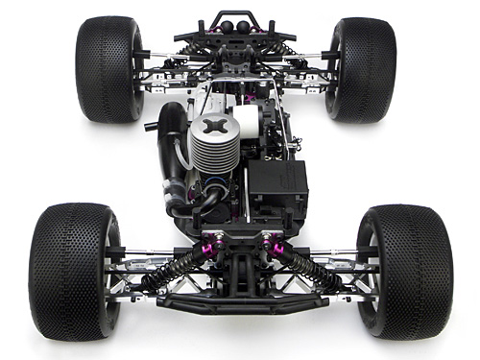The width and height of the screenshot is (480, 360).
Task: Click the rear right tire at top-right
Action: (x=361, y=68)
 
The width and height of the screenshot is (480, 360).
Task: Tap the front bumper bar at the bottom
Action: (x=243, y=304)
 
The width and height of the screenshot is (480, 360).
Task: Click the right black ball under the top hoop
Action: (x=244, y=27)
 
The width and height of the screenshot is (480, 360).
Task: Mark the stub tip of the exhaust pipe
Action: (x=150, y=125)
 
